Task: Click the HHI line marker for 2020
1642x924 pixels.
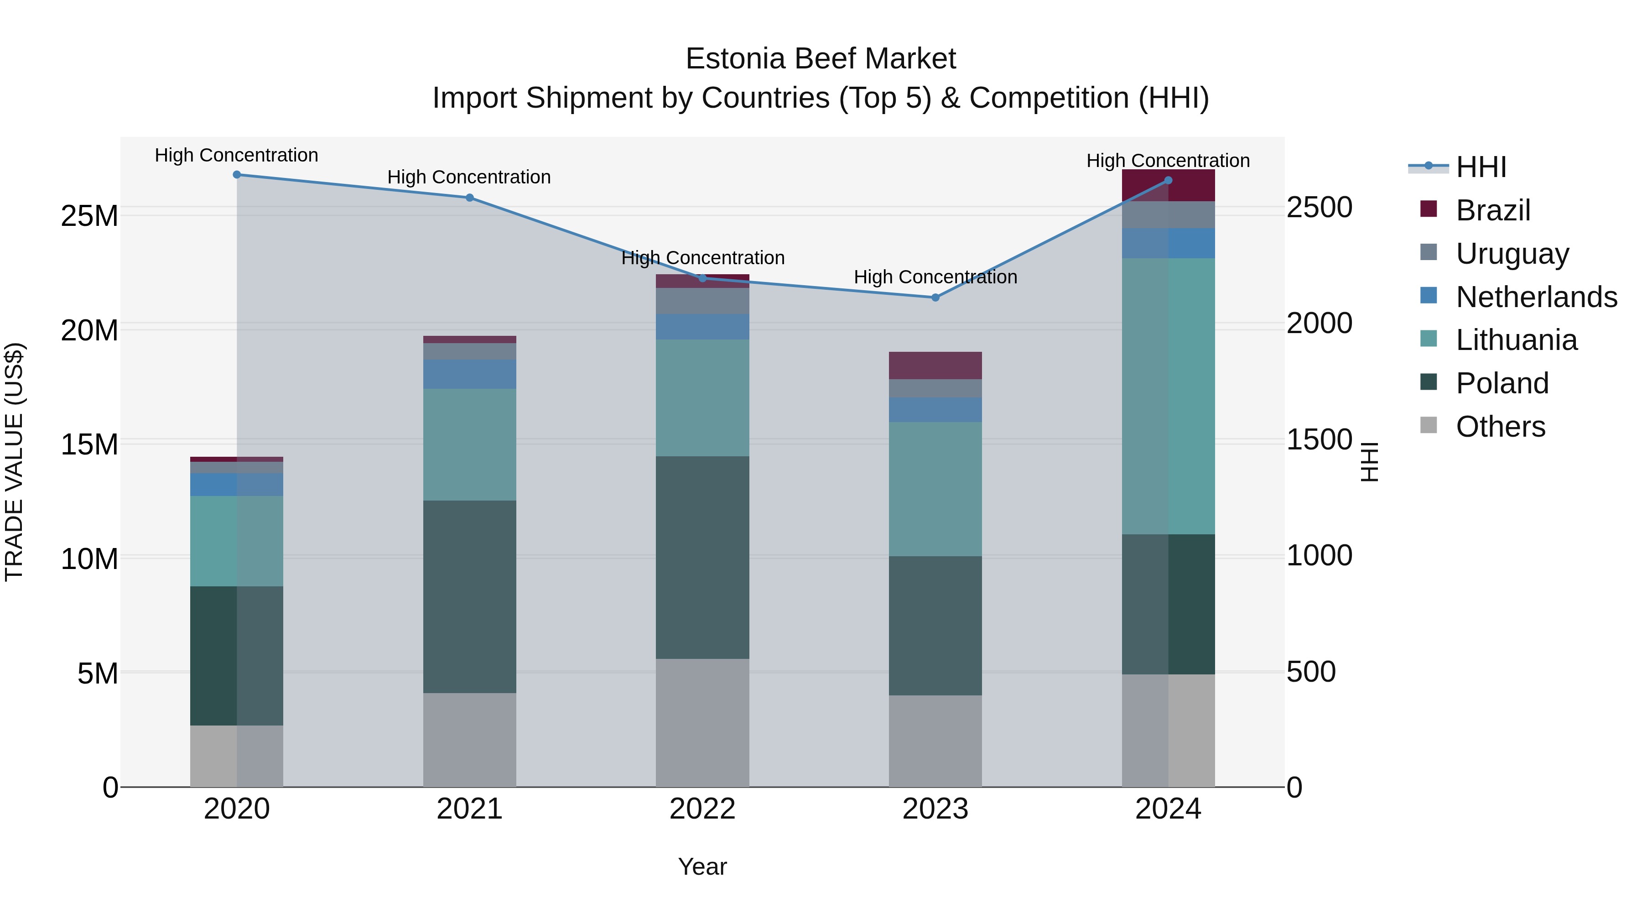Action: coord(236,175)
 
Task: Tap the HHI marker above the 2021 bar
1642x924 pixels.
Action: coord(470,198)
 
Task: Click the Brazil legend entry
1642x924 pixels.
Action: coord(1492,210)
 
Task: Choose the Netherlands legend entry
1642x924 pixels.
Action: coord(1536,297)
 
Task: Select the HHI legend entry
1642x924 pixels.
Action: coord(1481,167)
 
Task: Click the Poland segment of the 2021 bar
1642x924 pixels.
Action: coord(470,596)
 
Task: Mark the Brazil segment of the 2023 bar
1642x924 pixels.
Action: coord(935,365)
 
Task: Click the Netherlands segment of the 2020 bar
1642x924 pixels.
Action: coord(236,485)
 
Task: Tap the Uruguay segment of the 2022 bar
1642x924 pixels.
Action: coord(702,301)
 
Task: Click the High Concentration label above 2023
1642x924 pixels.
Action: coord(935,277)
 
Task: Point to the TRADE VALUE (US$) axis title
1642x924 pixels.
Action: coord(14,462)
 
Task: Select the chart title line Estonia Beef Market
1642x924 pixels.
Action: coord(821,59)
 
